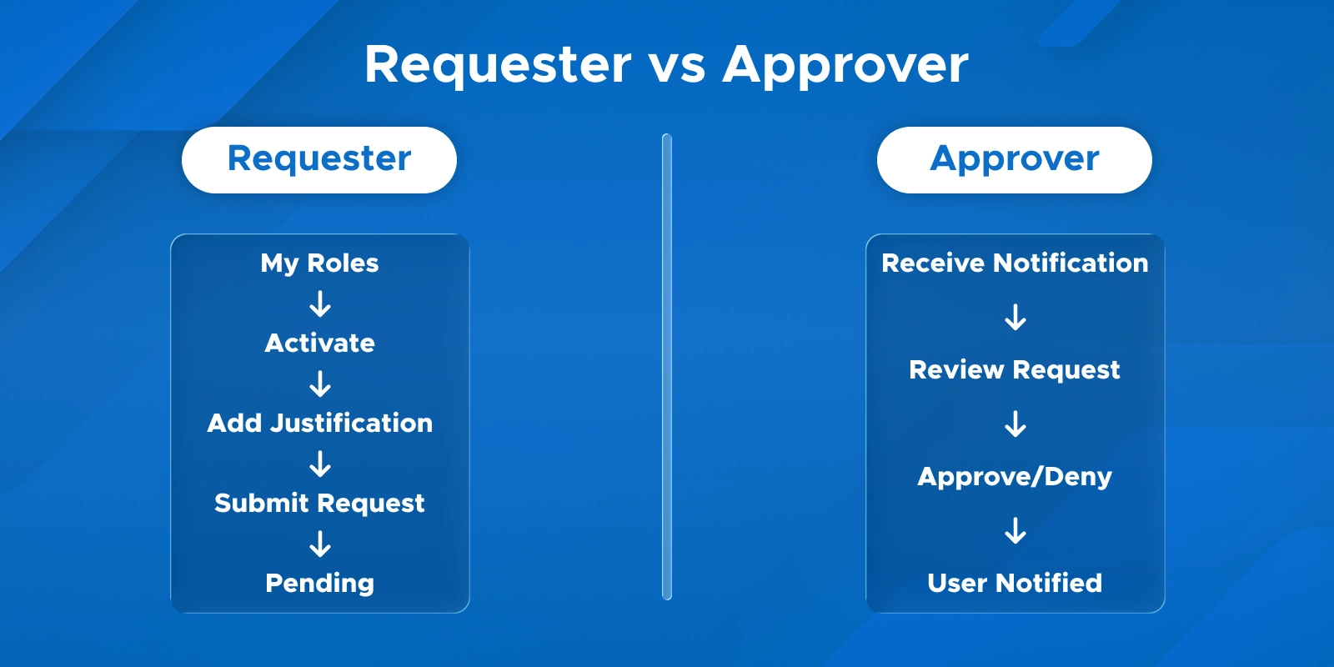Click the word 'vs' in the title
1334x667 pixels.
677,65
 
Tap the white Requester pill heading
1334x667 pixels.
319,159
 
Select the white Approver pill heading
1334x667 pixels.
1014,159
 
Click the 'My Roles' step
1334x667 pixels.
319,263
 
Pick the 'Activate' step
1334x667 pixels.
319,343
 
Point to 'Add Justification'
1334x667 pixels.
319,423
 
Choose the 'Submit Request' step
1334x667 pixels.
319,503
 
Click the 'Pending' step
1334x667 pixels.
319,583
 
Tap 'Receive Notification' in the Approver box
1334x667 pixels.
1015,263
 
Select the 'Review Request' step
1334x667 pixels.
1015,369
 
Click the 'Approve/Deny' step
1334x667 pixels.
1015,476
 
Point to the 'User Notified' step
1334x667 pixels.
1015,583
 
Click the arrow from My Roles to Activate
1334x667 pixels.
320,303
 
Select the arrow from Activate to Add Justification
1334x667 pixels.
320,384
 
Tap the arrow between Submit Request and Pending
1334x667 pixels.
320,544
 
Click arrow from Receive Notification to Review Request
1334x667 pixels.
1016,317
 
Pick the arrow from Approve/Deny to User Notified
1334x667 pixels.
1016,530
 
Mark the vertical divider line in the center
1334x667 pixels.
667,367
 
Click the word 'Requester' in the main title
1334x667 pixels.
498,65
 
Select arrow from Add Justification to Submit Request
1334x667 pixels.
320,464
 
